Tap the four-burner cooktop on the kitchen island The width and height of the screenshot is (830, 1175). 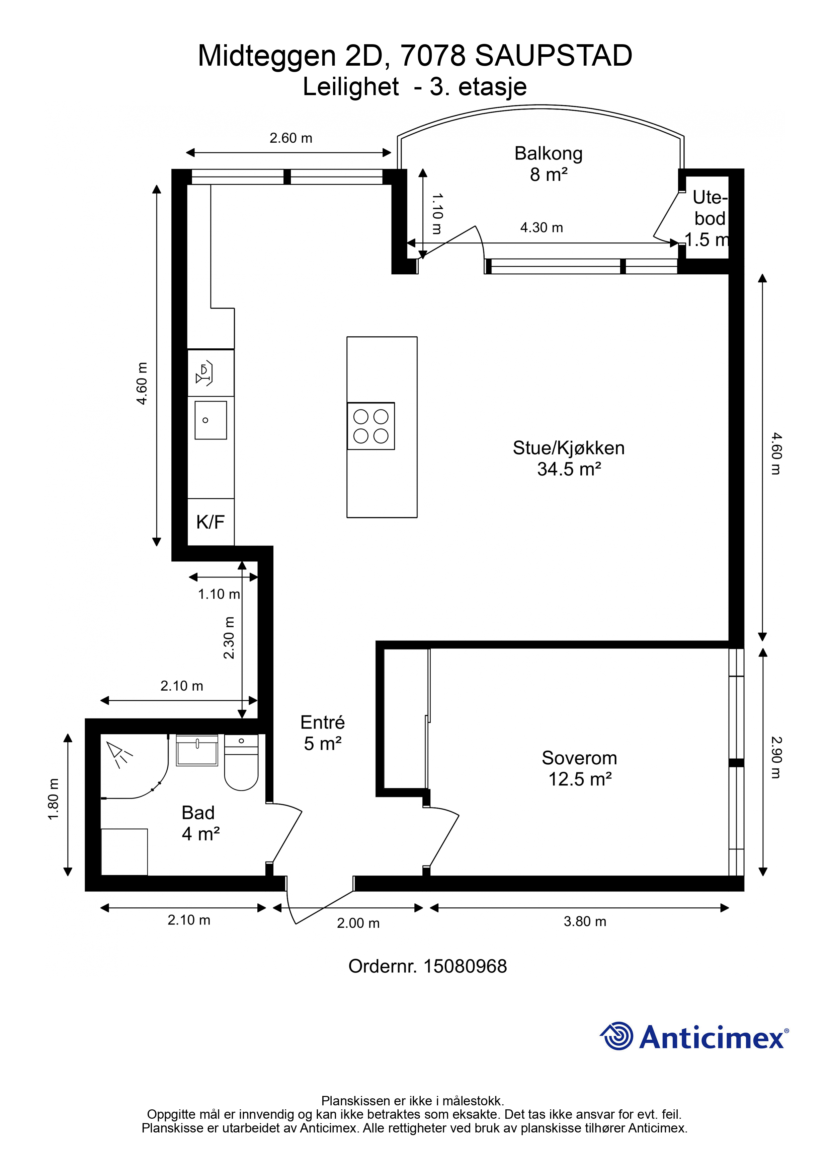point(371,426)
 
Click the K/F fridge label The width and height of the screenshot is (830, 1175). point(210,522)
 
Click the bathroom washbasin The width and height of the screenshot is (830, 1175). point(197,750)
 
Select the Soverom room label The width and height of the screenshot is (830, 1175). point(579,768)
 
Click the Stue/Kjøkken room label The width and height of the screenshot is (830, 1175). point(569,458)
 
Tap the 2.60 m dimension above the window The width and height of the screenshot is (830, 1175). point(291,138)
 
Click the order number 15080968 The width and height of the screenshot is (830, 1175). point(465,966)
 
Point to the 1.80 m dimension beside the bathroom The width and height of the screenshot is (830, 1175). point(53,799)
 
